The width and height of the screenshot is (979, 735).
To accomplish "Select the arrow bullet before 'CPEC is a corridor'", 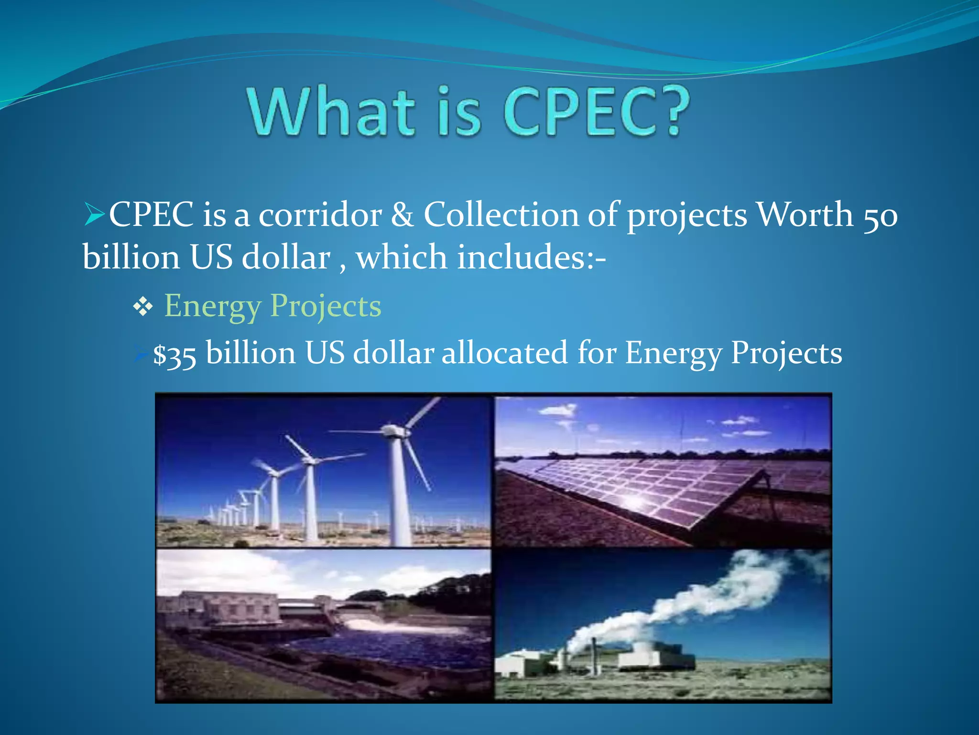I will click(94, 214).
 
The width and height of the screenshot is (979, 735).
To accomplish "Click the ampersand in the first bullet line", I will click(402, 214).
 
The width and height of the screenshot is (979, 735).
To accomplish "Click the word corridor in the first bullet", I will click(320, 214).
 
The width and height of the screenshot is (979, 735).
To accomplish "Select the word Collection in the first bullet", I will click(501, 214).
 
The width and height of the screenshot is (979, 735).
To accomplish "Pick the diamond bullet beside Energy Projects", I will click(143, 307).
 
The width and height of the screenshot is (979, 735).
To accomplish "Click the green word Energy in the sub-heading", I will click(212, 306).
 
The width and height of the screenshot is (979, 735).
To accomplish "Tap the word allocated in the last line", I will click(505, 353).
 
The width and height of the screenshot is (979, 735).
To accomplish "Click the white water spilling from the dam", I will click(378, 625).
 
